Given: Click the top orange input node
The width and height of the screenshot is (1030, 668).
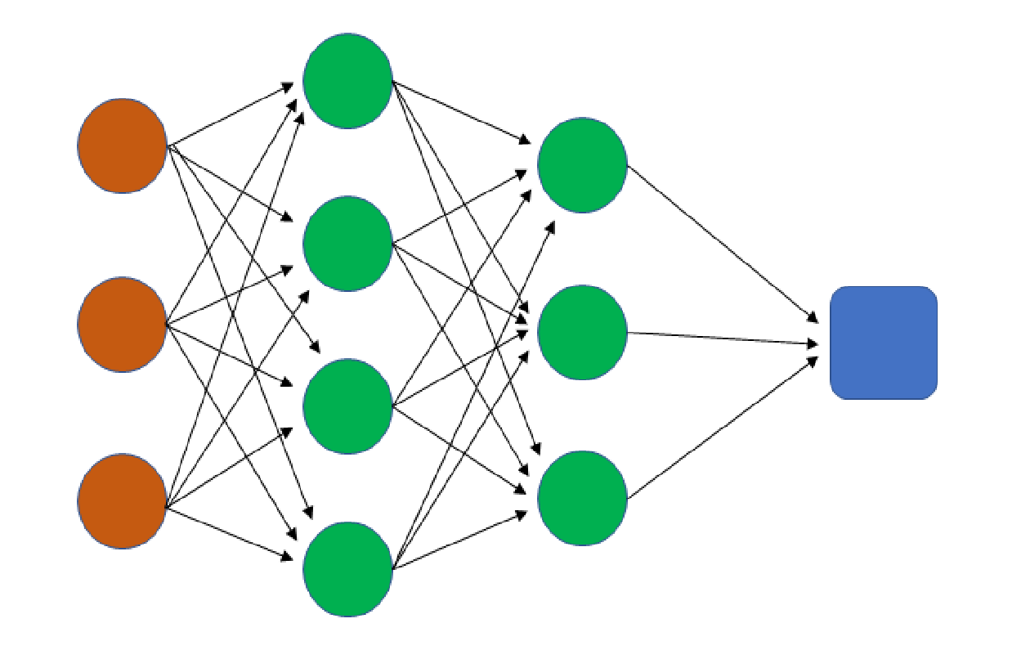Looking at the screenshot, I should coord(123,146).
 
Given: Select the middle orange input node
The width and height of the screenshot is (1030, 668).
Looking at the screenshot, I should coord(123,324).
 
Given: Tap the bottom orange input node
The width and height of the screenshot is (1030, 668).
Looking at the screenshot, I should coord(123,500).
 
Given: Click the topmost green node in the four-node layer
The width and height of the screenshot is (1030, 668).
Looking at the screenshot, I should coord(347,80).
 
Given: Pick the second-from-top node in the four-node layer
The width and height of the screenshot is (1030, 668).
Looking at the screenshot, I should coord(347,243).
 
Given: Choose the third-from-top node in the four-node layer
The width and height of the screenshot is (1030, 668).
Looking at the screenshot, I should coord(347,406).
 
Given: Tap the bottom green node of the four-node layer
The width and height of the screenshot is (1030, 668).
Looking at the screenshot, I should coord(347,569).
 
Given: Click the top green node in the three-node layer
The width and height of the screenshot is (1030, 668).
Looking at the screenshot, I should coord(582,164).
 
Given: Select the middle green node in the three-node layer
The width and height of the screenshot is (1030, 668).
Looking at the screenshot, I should coord(582,331).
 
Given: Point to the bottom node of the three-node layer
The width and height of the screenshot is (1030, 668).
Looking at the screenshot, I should coord(582,497).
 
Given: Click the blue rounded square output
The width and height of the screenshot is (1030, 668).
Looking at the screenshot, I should coord(884,343).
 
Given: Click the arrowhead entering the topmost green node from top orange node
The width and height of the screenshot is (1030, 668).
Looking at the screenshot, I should coord(289,85).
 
